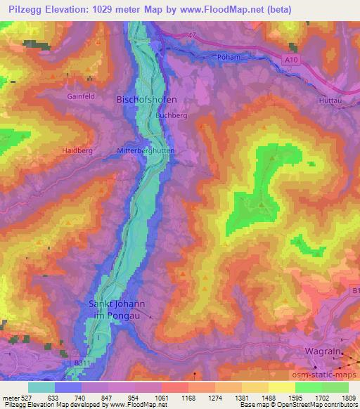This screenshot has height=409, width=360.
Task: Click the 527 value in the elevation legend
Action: click(20, 398)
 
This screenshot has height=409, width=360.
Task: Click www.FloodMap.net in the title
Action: click(214, 10)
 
